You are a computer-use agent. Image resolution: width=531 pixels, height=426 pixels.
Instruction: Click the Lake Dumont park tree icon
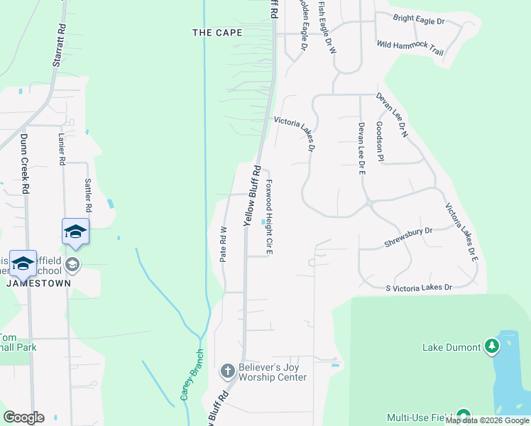(x=491, y=346)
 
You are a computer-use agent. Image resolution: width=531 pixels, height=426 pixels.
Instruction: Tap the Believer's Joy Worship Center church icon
(x=227, y=370)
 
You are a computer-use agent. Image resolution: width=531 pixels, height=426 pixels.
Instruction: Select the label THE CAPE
(x=217, y=33)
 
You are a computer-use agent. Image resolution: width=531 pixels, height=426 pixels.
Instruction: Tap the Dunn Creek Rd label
(x=25, y=164)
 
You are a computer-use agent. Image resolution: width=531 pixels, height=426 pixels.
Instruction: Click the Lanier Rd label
(x=62, y=151)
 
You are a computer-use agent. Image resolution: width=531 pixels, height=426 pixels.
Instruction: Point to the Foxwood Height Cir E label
(x=270, y=217)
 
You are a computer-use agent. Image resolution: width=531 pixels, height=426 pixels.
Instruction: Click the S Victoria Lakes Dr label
(x=419, y=288)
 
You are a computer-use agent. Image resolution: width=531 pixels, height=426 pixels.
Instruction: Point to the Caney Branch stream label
(x=192, y=375)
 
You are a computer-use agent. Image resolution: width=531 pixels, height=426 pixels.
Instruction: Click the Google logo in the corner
(x=23, y=417)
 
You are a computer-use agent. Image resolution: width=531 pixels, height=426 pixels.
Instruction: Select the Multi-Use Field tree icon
(x=464, y=416)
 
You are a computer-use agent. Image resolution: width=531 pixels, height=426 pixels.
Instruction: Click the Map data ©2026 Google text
(x=487, y=421)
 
